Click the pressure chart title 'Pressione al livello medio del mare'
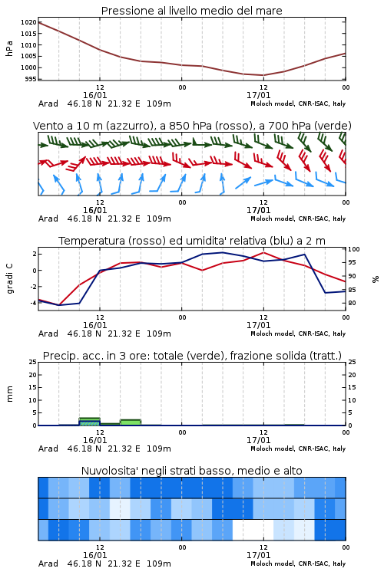(x=191, y=11)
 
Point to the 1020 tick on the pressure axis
(x=28, y=22)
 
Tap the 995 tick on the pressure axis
(x=31, y=79)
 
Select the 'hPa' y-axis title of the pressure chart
(x=9, y=48)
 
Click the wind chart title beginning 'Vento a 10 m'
(x=192, y=126)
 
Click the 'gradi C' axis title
(x=10, y=278)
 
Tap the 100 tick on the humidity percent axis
(x=354, y=249)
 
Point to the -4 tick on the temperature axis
(x=33, y=303)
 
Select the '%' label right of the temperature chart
(x=376, y=279)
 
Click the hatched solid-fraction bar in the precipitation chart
(x=89, y=422)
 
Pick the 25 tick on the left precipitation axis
(x=33, y=362)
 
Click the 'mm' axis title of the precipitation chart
(x=9, y=394)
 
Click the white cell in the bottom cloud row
(x=253, y=530)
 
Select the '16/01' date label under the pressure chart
(x=94, y=95)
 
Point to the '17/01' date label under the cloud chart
(x=258, y=555)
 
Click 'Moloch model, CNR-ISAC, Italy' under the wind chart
(x=298, y=219)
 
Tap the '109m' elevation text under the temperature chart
(x=159, y=333)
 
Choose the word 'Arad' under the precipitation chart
(x=48, y=449)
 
